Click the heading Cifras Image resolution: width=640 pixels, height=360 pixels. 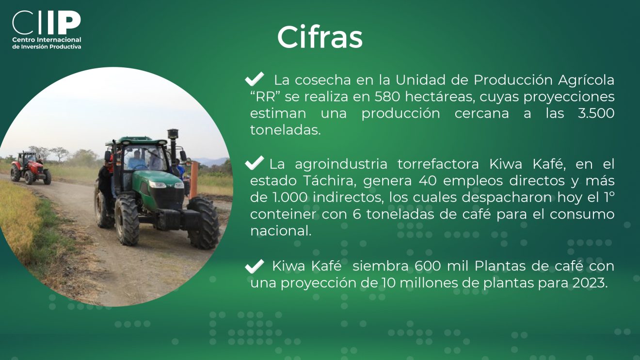pos(320,37)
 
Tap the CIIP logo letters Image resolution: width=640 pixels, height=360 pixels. pos(47,23)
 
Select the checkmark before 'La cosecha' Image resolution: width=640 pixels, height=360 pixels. pos(254,79)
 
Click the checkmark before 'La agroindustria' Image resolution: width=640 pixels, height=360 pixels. pos(254,163)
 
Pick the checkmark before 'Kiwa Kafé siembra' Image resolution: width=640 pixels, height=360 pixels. pos(254,266)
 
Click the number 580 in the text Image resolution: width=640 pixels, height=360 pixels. pos(387,97)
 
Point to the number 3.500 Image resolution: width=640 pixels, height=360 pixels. pos(596,113)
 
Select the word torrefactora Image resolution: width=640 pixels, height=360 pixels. pos(438,164)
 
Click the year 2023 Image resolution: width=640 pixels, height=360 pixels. pos(590,283)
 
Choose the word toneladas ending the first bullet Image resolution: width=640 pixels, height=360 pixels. pos(286,130)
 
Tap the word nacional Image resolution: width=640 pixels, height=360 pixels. pos(281,231)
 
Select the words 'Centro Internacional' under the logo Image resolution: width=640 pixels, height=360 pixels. pos(47,40)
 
